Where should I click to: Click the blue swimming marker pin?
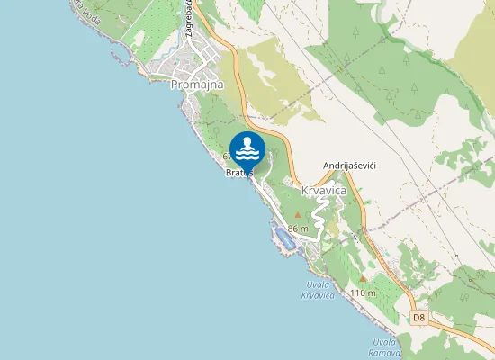[x=247, y=150]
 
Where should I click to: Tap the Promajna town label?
[x=195, y=84]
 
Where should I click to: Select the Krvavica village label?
[x=325, y=192]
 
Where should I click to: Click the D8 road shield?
[x=418, y=318]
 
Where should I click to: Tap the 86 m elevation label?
[x=298, y=229]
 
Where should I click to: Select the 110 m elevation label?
[x=363, y=293]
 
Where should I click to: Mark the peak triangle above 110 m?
[x=363, y=280]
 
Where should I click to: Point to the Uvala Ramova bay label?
[x=384, y=346]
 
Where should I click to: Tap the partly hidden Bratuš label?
[x=238, y=173]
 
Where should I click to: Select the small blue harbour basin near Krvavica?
[x=285, y=239]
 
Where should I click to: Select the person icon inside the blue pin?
[x=247, y=148]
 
